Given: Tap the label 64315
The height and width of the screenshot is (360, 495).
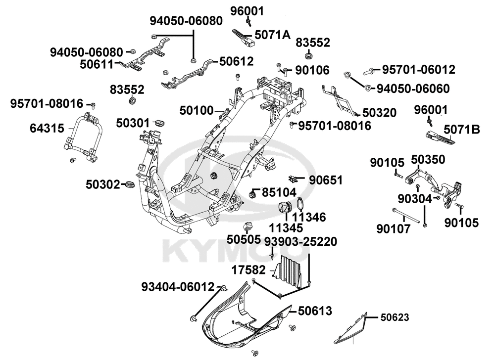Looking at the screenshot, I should (47, 129).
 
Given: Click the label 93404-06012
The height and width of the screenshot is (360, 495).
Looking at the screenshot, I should (178, 287).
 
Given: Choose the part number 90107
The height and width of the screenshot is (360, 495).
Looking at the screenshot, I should (393, 229).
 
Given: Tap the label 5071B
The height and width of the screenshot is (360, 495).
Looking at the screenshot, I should (462, 130).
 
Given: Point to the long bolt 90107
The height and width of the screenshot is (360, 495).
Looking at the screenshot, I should (408, 217).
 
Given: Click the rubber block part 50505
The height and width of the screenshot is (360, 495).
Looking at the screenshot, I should (248, 227).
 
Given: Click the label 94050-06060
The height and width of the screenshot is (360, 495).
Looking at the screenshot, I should (427, 89).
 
